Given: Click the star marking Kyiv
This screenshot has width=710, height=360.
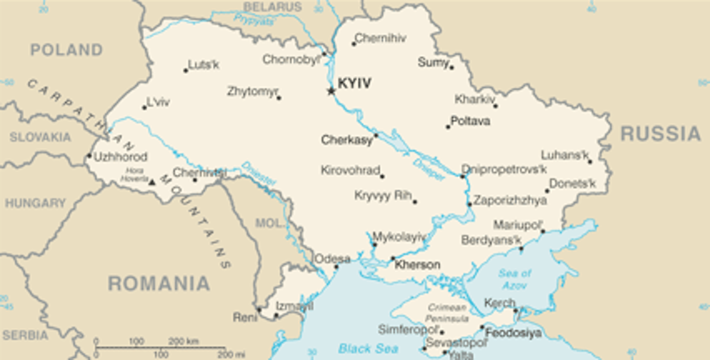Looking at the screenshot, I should [331, 91].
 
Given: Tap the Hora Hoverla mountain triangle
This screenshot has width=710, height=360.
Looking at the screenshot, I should [152, 182].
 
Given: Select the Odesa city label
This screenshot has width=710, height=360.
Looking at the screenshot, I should [332, 259].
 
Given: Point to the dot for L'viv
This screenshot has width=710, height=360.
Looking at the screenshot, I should [144, 108].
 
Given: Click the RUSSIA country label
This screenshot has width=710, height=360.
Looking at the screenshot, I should [661, 134].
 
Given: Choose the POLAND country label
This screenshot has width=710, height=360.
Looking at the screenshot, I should [67, 50].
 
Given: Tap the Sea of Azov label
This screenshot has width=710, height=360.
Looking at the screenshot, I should [515, 279].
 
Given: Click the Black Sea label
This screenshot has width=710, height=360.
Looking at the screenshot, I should [368, 348].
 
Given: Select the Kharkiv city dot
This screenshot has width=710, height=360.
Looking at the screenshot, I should [496, 106].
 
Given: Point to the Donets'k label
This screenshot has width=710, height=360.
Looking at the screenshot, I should [572, 183].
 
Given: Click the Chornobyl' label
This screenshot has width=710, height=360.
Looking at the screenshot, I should [291, 60].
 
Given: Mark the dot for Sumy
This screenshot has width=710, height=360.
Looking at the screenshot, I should [451, 68].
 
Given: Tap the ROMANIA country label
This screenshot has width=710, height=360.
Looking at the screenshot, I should [159, 284].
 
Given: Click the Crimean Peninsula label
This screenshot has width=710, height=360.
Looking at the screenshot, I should [447, 313].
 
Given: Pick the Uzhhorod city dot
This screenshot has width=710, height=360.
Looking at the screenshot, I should [90, 156].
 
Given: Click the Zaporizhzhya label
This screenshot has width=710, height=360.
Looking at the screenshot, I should [510, 200].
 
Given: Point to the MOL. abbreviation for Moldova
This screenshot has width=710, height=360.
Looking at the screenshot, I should [269, 223].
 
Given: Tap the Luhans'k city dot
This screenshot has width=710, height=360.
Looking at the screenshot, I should [590, 162].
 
